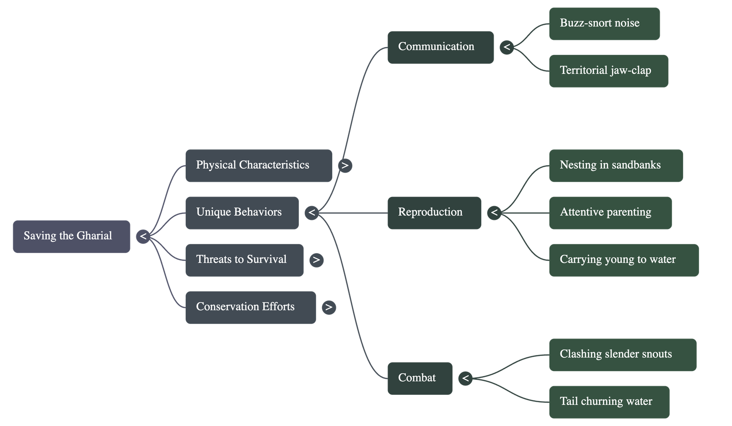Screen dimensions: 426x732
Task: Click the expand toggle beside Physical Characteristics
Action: click(345, 165)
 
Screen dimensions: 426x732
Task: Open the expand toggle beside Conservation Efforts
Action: click(328, 307)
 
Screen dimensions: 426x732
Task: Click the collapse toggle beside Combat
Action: click(465, 378)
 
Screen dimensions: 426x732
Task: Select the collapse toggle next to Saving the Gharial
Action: click(143, 236)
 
